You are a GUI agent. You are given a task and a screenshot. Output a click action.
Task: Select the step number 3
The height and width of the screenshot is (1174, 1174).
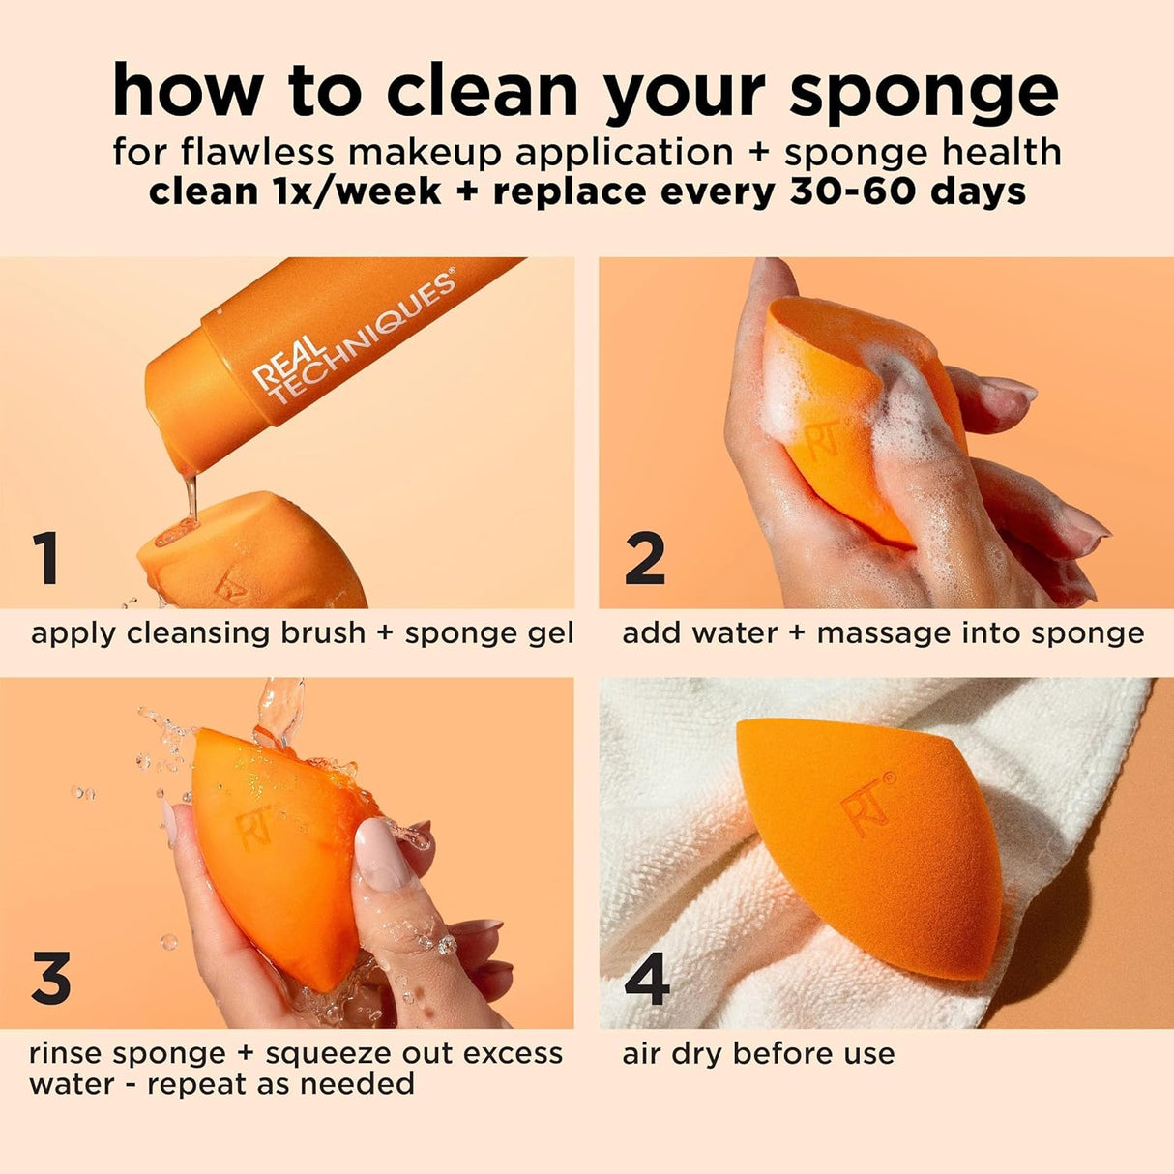click(50, 978)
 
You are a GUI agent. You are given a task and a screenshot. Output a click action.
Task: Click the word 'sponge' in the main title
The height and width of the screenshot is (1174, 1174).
click(924, 92)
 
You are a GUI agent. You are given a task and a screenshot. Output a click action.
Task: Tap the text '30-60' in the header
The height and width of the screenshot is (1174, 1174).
click(853, 191)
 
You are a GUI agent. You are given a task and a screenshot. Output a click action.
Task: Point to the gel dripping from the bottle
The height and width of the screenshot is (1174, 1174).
click(191, 493)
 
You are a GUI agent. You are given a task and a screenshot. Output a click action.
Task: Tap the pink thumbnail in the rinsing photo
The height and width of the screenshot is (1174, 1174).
click(384, 854)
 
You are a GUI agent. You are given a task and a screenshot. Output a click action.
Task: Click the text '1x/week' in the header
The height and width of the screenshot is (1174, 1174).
click(350, 191)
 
